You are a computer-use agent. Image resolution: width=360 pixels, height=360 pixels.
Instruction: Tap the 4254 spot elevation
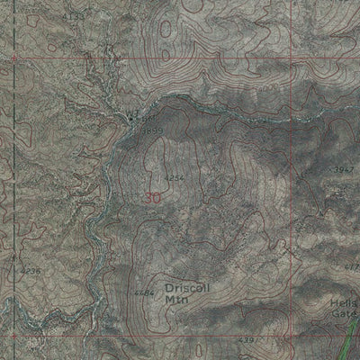point(176,177)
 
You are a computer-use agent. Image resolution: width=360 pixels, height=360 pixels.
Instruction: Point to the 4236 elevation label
point(30,268)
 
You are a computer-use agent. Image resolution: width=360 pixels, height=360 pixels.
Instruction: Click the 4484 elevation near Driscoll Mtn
point(143,292)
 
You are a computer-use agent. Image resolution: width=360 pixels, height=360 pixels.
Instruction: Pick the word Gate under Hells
point(346,317)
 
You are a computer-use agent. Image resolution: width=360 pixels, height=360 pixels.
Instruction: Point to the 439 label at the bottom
point(247,340)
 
